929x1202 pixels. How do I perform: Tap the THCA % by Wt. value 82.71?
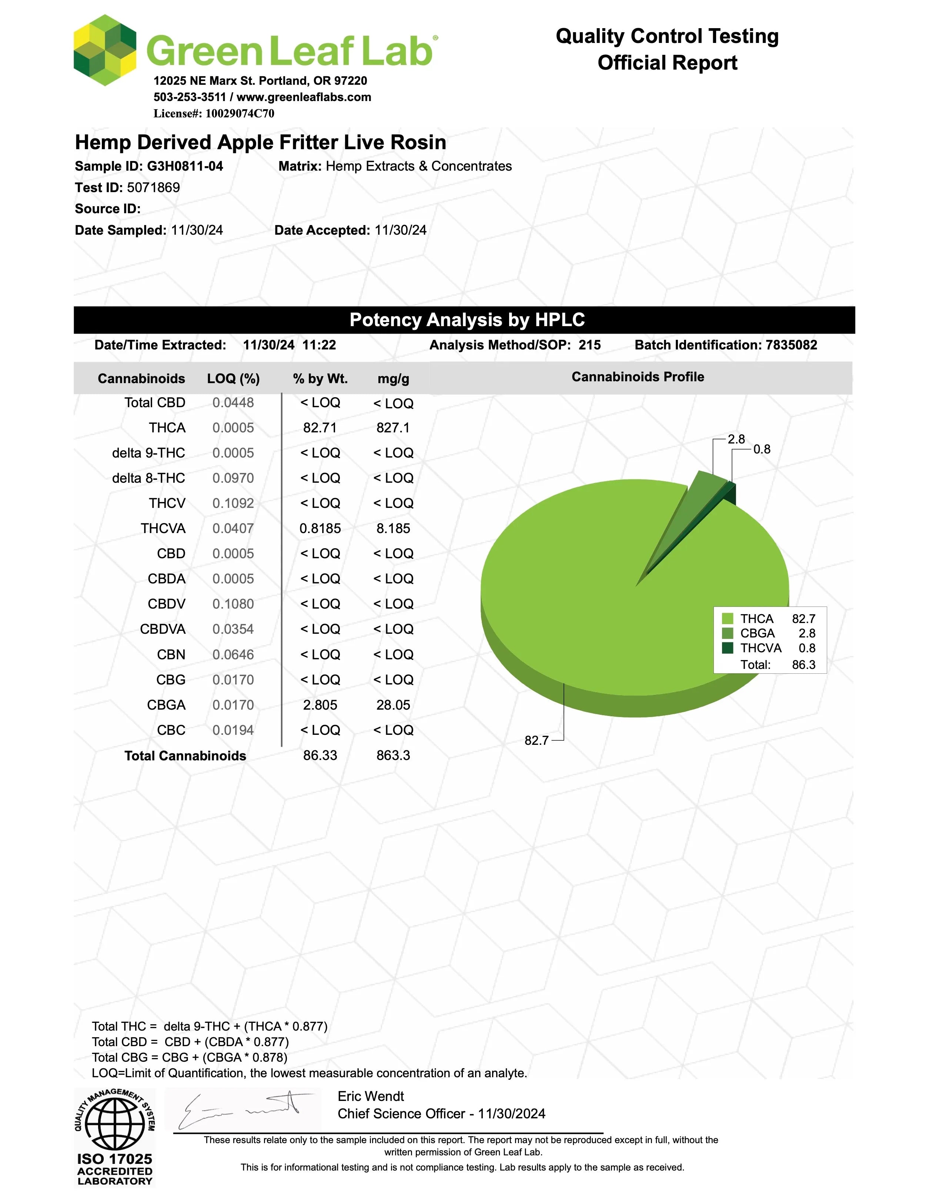[x=320, y=428]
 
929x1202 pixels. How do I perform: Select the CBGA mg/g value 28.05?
[x=393, y=705]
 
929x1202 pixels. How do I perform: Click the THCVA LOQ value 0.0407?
[x=233, y=528]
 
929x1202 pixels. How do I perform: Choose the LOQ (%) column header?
[x=233, y=379]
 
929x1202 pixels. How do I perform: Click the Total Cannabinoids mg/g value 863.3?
[x=393, y=756]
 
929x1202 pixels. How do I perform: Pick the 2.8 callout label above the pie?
[x=736, y=439]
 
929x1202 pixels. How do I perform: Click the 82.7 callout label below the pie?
[x=536, y=740]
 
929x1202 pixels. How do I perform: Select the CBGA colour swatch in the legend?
[x=728, y=633]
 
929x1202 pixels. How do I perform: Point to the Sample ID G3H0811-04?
[x=185, y=166]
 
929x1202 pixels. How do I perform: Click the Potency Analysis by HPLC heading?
[x=467, y=320]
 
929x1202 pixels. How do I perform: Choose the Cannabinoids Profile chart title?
[x=637, y=377]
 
